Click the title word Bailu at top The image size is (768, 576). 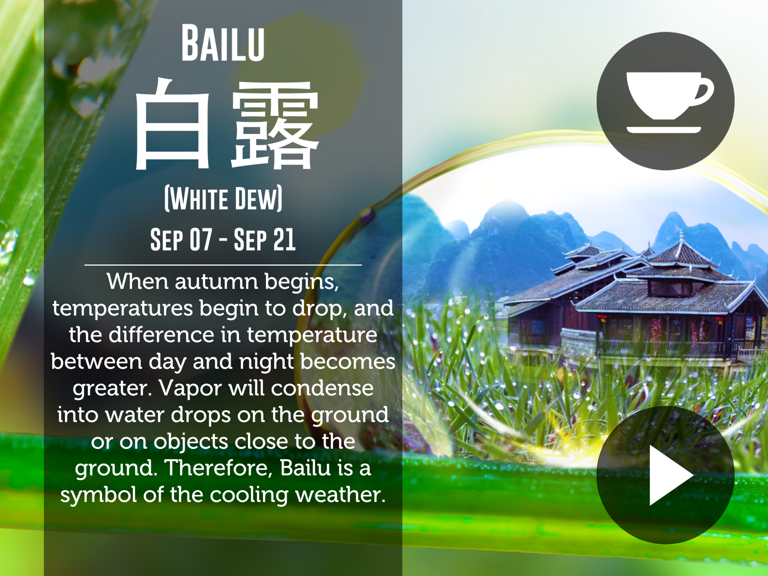(223, 43)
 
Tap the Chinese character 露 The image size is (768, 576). (275, 125)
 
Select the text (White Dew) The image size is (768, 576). (223, 199)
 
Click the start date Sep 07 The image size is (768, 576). (181, 239)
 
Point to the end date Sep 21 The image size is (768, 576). (265, 239)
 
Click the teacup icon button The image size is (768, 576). (665, 101)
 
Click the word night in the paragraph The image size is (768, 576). (266, 362)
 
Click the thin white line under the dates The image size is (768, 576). (223, 265)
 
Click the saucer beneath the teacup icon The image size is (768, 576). (663, 130)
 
